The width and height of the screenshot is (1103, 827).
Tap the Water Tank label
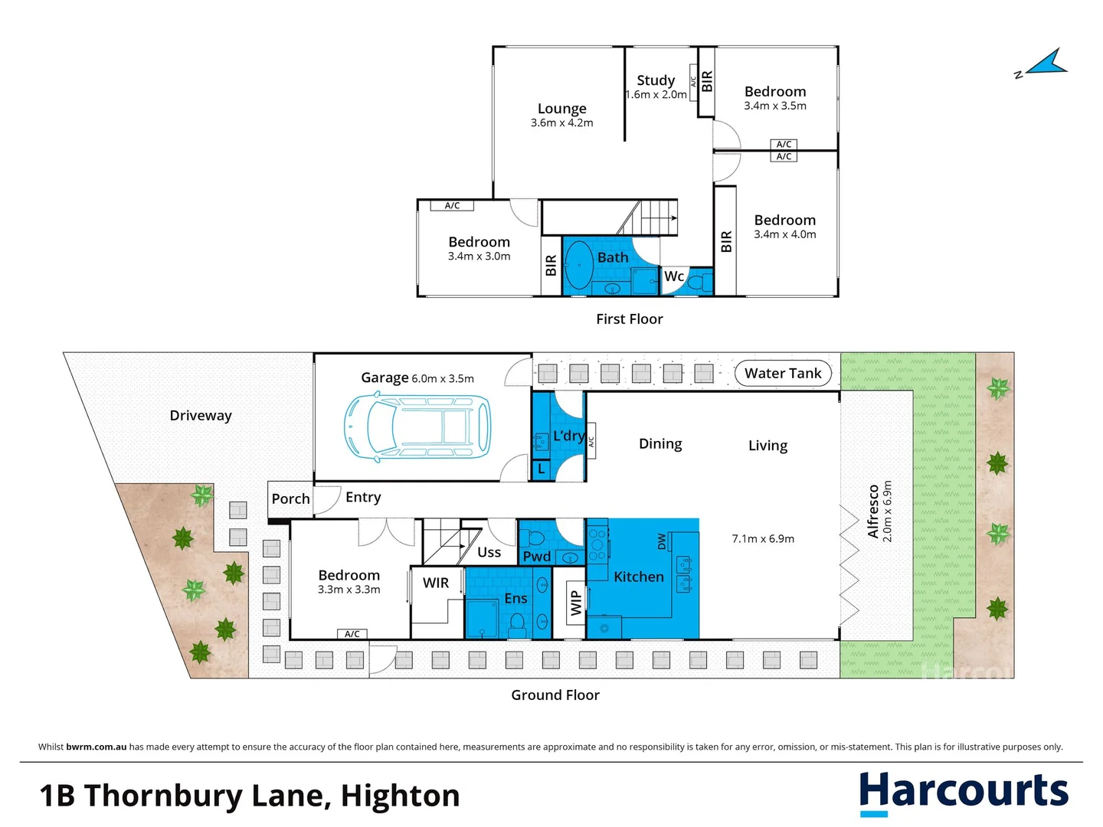(782, 374)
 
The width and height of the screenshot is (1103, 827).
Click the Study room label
(656, 80)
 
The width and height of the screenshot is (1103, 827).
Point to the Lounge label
(561, 109)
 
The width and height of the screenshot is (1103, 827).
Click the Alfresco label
(873, 512)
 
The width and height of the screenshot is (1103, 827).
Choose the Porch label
(290, 498)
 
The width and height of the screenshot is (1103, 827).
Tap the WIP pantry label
(576, 603)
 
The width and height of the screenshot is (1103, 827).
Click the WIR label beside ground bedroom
(436, 583)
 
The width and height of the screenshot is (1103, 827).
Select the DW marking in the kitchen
(662, 541)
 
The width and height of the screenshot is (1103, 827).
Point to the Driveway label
(201, 416)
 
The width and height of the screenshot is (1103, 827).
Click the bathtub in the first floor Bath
(578, 265)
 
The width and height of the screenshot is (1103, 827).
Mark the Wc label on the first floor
(674, 276)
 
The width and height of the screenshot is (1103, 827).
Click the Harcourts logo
(963, 793)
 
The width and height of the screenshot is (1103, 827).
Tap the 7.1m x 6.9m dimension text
(763, 539)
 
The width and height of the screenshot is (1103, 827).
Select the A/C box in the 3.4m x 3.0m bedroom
(452, 205)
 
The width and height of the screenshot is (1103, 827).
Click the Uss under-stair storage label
(489, 552)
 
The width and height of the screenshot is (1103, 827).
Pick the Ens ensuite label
(515, 599)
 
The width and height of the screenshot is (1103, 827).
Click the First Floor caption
(629, 319)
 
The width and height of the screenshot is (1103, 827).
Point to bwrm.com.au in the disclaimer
(97, 747)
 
